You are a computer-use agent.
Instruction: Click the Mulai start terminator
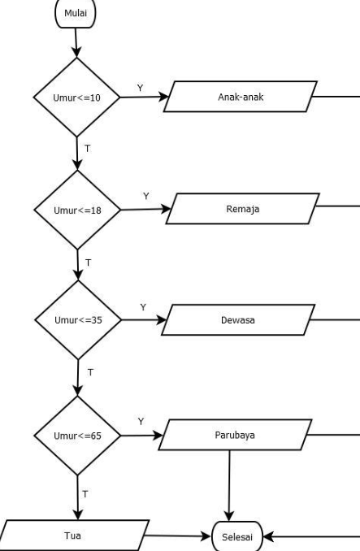[75, 13]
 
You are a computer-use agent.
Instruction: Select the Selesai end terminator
[237, 536]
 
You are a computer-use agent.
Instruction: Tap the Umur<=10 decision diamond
[77, 97]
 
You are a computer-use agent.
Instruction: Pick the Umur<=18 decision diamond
[78, 210]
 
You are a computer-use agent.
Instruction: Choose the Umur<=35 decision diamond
[78, 319]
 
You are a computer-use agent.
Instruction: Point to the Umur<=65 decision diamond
[78, 436]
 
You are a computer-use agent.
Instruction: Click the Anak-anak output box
[241, 97]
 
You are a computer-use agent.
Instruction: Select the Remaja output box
[243, 208]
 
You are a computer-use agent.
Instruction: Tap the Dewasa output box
[238, 319]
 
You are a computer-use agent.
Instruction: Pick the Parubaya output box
[236, 435]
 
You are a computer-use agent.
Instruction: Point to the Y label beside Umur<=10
[140, 88]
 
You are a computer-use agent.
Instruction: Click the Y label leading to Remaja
[146, 196]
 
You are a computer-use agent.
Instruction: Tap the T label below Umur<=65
[85, 494]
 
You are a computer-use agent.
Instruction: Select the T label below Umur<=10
[88, 149]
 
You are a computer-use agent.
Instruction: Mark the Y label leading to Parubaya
[141, 421]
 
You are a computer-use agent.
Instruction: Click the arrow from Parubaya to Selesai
[229, 486]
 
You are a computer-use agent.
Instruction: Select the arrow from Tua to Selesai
[178, 536]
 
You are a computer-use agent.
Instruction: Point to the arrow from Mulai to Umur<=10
[76, 42]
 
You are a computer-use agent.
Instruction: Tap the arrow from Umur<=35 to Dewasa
[144, 319]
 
